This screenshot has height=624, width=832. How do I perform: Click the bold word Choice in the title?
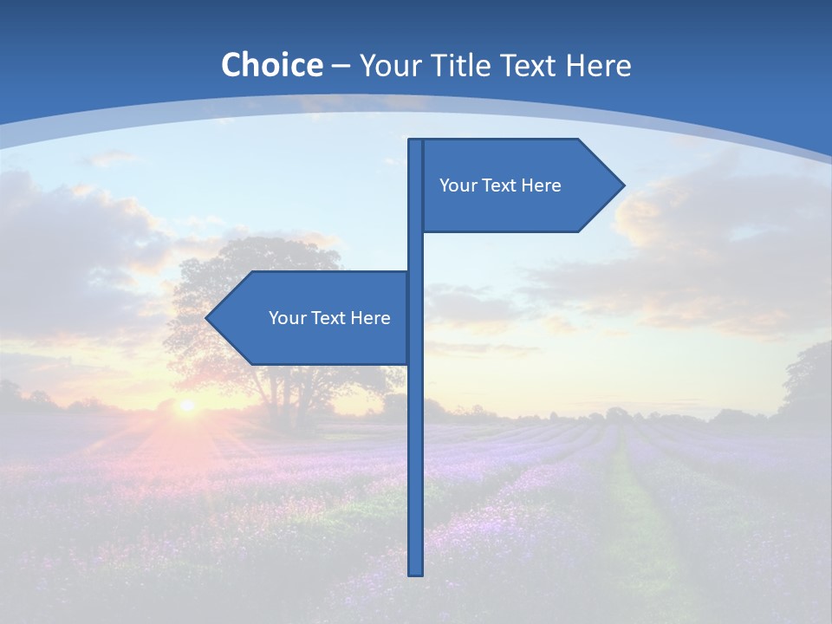[x=271, y=65]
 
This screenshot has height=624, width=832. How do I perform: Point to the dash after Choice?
[x=341, y=66]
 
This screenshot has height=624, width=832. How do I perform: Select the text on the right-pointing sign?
[x=500, y=185]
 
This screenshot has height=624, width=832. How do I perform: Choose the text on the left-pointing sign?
[x=329, y=318]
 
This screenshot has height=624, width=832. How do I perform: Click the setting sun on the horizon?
[x=185, y=405]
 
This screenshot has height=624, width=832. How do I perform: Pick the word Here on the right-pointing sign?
[x=541, y=185]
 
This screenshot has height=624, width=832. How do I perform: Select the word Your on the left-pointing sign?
[x=287, y=318]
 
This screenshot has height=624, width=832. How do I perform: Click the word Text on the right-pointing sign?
[x=498, y=185]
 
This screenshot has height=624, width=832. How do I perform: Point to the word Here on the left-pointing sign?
[x=370, y=318]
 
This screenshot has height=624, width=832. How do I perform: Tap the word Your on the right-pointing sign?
[x=458, y=185]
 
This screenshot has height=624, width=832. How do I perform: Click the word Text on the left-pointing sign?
[x=328, y=318]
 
